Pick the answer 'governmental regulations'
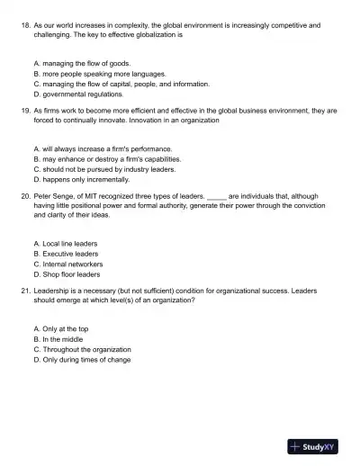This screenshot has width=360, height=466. tap(82, 94)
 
